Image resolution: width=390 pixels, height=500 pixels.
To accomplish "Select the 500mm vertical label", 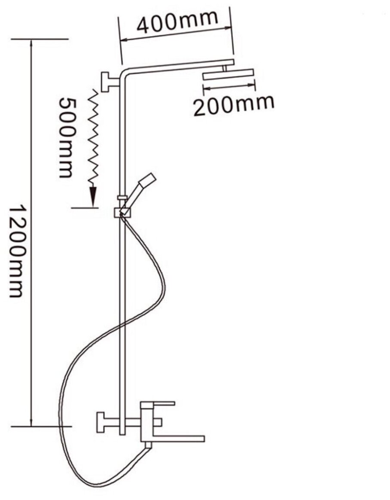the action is [65, 137].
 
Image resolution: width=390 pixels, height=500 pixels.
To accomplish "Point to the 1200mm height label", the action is [16, 251].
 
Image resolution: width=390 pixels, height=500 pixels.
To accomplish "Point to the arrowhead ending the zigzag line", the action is [92, 198].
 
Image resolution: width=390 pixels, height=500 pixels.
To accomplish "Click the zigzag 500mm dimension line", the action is [94, 137].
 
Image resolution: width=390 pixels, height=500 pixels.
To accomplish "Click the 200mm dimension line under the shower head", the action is [229, 88].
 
